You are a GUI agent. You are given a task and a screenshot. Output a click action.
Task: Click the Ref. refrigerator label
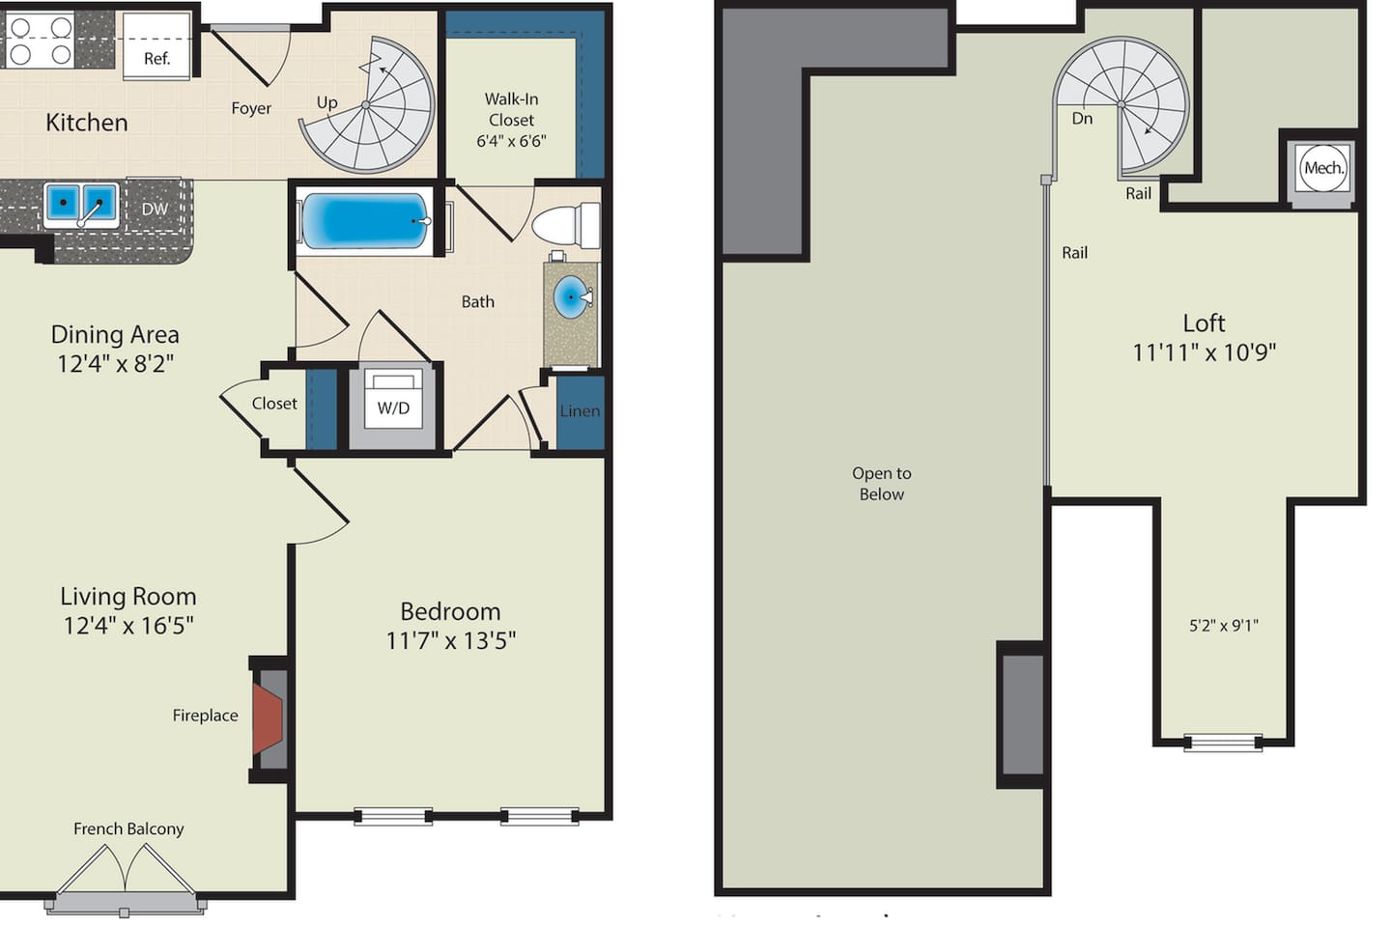[x=156, y=58]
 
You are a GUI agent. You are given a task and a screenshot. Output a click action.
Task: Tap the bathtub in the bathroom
[x=365, y=221]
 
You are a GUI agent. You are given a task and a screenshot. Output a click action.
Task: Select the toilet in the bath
[x=566, y=225]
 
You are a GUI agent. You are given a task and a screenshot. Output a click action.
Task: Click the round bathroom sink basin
[x=571, y=297]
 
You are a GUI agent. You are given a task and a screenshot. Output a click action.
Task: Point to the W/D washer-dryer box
[x=393, y=407]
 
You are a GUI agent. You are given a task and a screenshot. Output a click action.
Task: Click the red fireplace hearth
[x=268, y=719]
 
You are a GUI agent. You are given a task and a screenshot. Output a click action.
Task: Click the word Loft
[x=1204, y=323]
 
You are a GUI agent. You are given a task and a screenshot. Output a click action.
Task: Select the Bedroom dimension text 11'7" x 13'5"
[x=451, y=640]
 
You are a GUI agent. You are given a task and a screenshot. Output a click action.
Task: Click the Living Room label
[x=128, y=597]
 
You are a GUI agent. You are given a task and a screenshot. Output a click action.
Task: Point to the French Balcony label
[x=128, y=829]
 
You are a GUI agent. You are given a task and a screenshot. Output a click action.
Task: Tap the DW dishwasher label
[x=155, y=209]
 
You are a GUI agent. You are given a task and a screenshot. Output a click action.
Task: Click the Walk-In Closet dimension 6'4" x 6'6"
[x=511, y=141]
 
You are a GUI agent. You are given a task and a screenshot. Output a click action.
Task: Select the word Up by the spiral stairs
[x=327, y=102]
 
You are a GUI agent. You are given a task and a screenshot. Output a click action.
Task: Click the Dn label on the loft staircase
[x=1082, y=118]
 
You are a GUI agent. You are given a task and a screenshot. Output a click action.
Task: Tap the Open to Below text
[x=882, y=484]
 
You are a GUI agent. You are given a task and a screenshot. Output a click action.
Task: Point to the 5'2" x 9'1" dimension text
[x=1223, y=626]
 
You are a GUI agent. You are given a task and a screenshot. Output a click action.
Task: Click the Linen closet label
[x=580, y=411]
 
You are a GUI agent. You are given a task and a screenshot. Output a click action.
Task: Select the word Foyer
[x=251, y=109]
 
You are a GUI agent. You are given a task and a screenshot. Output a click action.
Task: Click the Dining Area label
[x=115, y=335]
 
